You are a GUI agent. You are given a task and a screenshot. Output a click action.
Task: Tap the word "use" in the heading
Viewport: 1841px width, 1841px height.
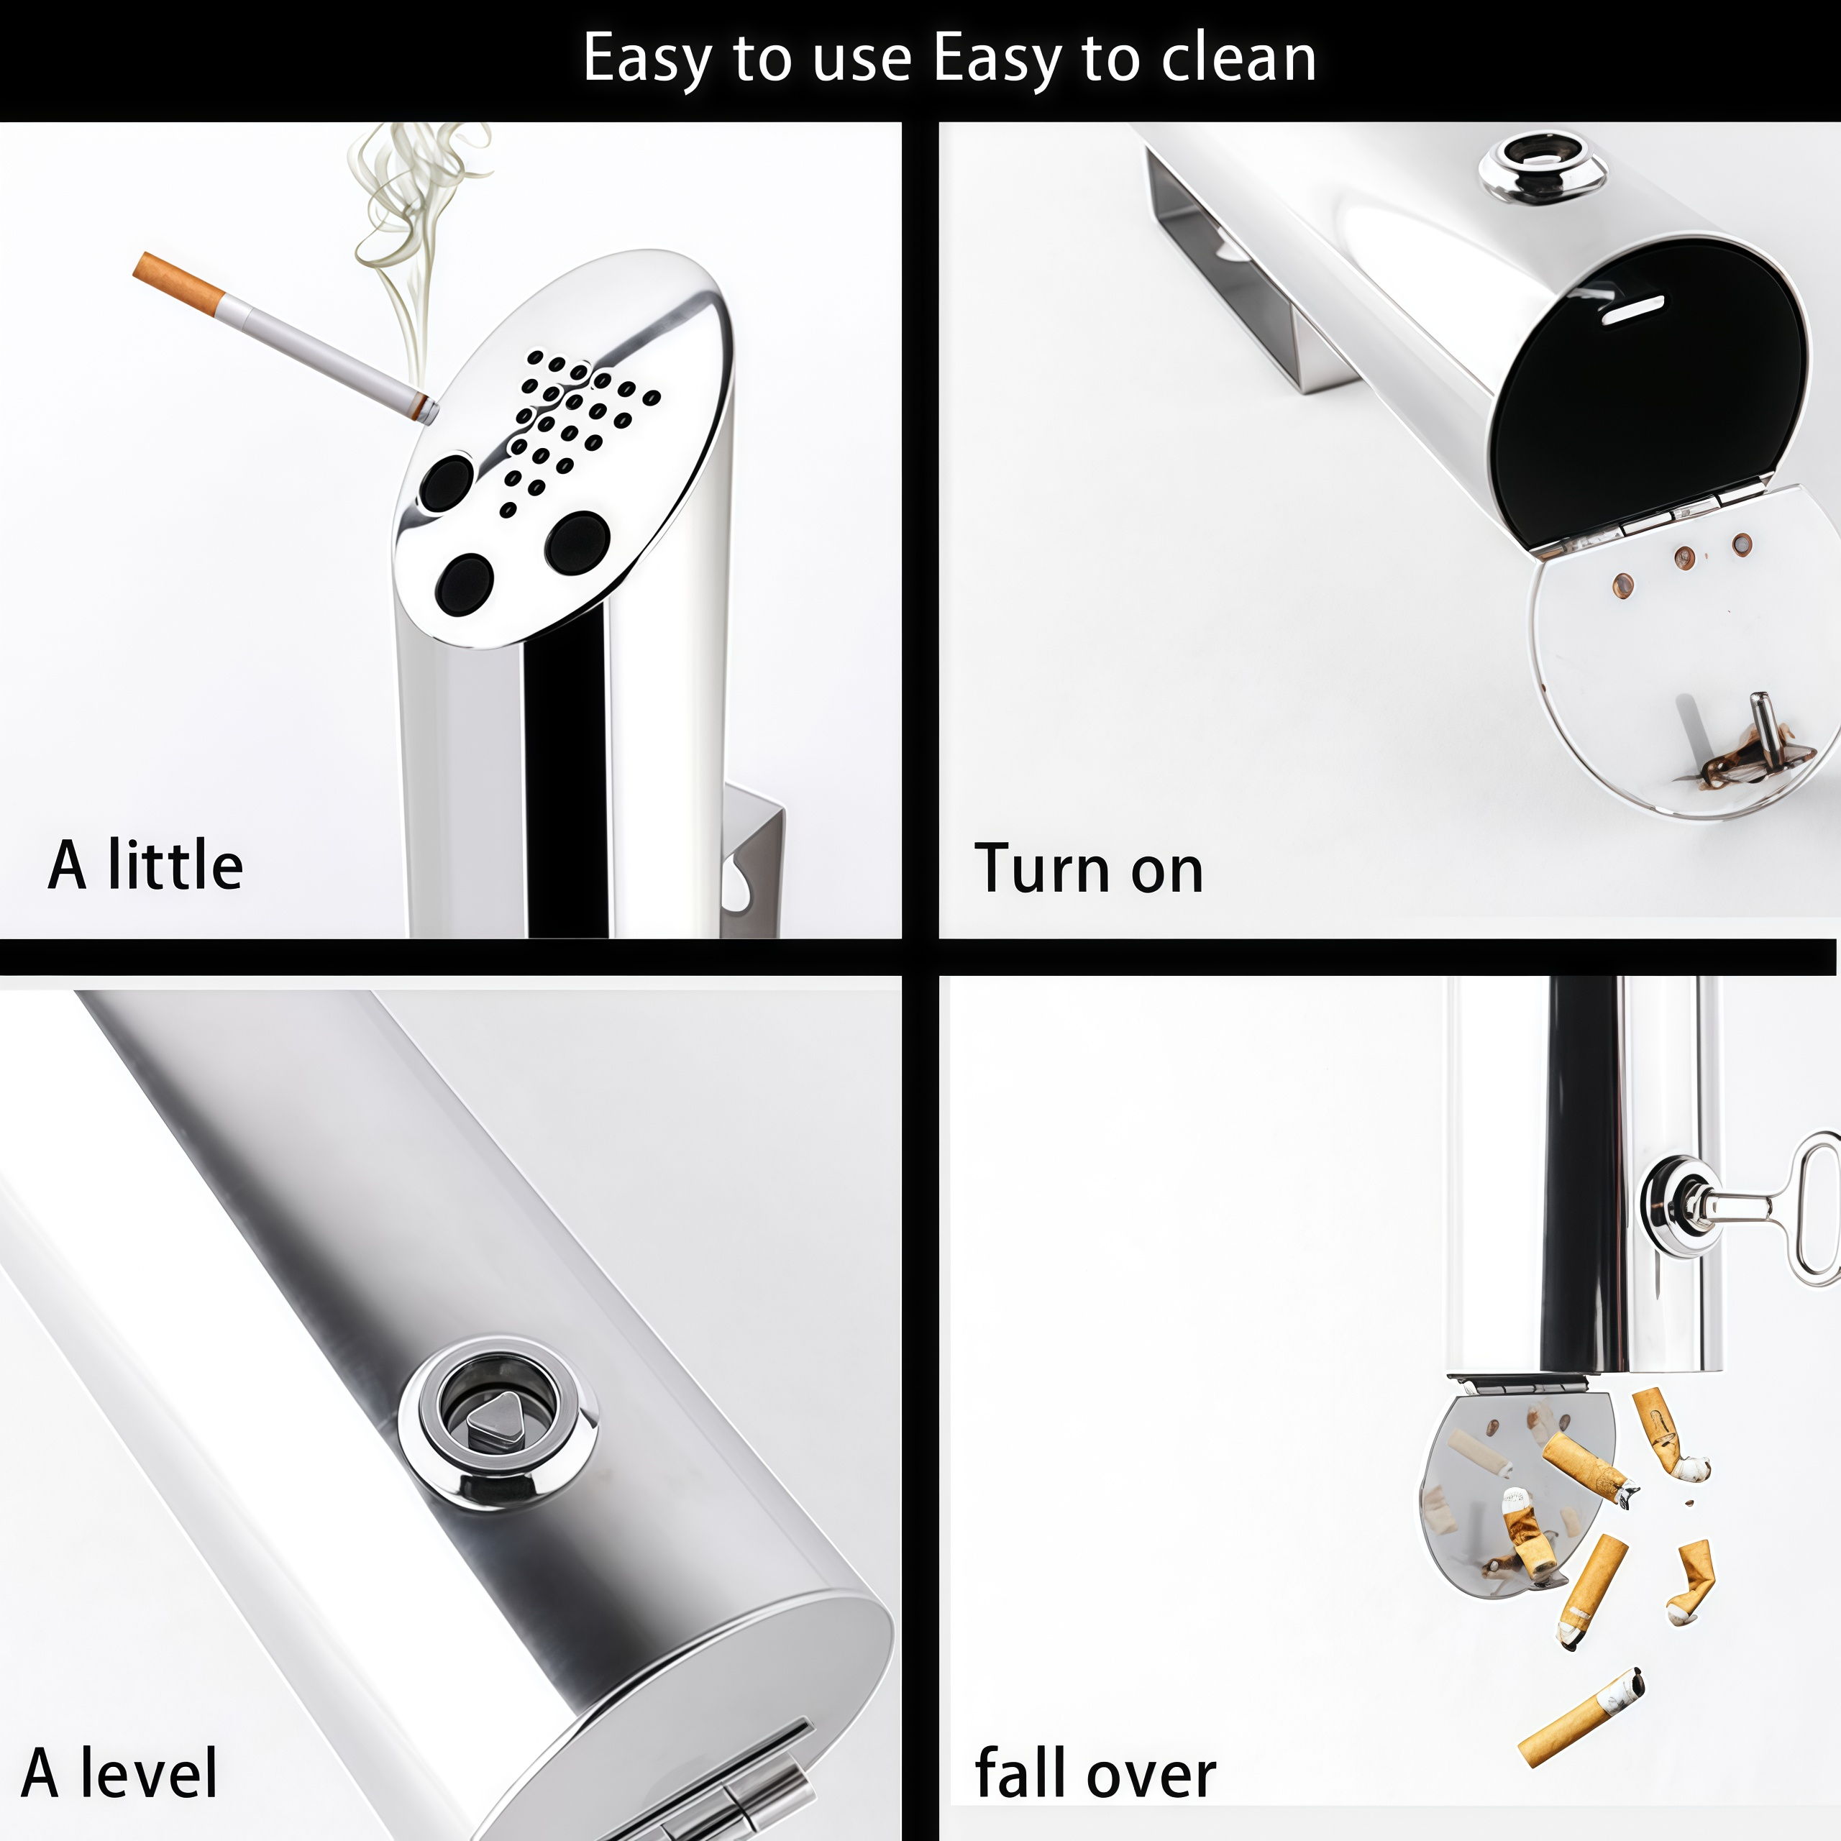[861, 60]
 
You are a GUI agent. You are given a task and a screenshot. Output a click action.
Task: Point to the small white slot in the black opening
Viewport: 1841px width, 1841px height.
[1632, 311]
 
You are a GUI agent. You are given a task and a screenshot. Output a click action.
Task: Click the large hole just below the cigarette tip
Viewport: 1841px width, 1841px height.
[447, 482]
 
